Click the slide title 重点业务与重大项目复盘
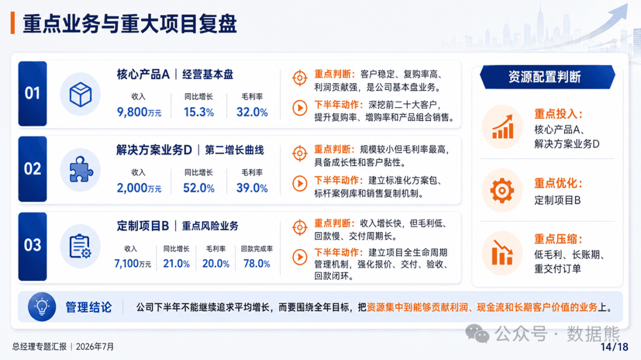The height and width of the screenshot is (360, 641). (129, 24)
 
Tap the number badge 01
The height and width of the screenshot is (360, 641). (32, 94)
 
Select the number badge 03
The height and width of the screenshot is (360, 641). (32, 245)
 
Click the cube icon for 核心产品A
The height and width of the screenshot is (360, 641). (80, 94)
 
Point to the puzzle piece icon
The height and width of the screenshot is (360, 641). (81, 169)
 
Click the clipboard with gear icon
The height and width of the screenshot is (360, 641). (80, 246)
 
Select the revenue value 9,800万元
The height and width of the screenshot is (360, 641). (139, 112)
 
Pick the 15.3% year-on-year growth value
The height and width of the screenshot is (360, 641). (199, 112)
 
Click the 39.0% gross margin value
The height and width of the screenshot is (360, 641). (252, 188)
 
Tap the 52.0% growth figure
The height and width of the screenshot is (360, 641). (199, 188)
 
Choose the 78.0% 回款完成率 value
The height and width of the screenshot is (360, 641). (256, 263)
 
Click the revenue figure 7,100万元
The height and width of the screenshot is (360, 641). (132, 263)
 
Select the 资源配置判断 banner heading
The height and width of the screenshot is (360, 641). (544, 77)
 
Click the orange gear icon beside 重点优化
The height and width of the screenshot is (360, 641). (502, 190)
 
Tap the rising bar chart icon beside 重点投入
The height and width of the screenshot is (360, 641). (503, 127)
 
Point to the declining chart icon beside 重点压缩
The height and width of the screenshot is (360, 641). (503, 253)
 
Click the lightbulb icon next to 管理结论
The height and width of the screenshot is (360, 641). (42, 307)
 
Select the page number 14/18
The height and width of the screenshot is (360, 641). (614, 347)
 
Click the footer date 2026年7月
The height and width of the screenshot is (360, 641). (95, 346)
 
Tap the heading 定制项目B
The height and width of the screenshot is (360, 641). (142, 226)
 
